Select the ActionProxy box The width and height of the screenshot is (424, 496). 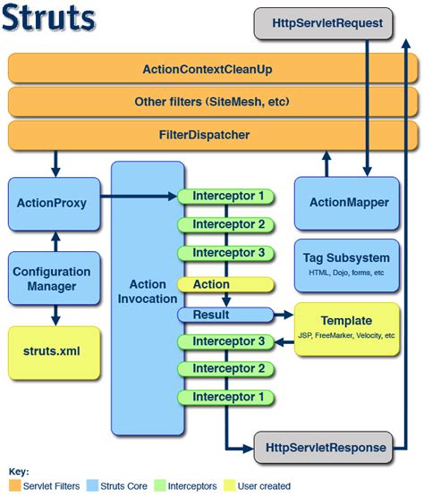click(51, 203)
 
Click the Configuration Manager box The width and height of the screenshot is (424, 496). click(51, 279)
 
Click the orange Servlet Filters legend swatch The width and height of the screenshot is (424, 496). click(13, 485)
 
